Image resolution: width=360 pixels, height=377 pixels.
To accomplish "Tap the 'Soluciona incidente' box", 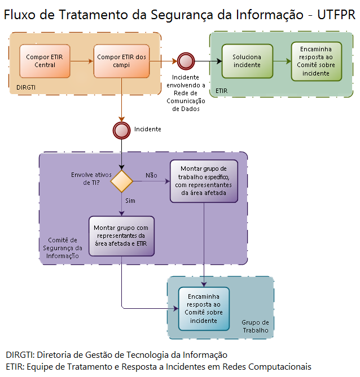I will [247, 61].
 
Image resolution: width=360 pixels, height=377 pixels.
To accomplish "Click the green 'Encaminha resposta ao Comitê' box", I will [316, 61].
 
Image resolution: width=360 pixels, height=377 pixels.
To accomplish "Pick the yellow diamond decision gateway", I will [121, 181].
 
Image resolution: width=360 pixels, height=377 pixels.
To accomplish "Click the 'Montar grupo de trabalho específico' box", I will [204, 180].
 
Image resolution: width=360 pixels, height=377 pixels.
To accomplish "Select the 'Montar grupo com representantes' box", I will [122, 235].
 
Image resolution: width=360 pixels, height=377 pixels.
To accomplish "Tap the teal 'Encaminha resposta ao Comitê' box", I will [204, 308].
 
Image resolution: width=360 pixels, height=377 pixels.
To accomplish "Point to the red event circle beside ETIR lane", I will [185, 60].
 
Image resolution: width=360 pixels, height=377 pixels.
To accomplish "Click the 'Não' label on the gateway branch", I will [151, 175].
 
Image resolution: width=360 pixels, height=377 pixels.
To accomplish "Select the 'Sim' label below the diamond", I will [130, 200].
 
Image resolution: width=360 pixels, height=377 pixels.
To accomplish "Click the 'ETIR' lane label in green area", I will [222, 90].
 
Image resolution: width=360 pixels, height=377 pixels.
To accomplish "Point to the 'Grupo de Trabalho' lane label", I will [255, 326].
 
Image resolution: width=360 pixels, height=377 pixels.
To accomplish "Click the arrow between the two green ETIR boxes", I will [282, 60].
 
